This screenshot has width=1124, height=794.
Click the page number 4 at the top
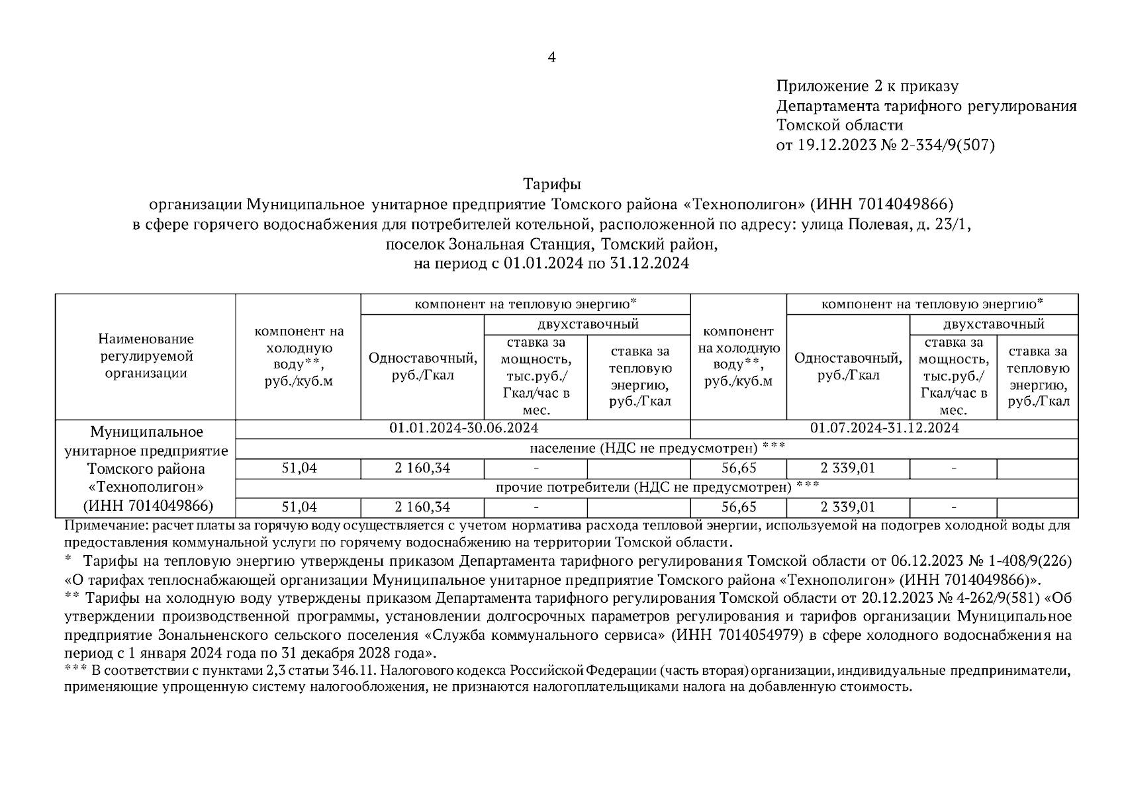(x=551, y=58)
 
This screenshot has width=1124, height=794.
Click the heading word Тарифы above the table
(x=551, y=183)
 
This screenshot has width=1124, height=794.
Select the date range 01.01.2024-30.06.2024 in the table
(x=463, y=428)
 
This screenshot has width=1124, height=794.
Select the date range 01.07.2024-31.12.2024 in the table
(x=884, y=428)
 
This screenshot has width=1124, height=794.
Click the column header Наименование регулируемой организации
(x=146, y=356)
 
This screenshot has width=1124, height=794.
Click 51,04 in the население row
(x=299, y=468)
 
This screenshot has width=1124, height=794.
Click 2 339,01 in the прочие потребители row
(x=848, y=507)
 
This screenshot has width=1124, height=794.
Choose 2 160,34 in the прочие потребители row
(x=422, y=507)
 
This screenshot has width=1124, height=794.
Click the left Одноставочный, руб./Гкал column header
(x=422, y=367)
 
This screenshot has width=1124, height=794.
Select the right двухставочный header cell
(x=994, y=324)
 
